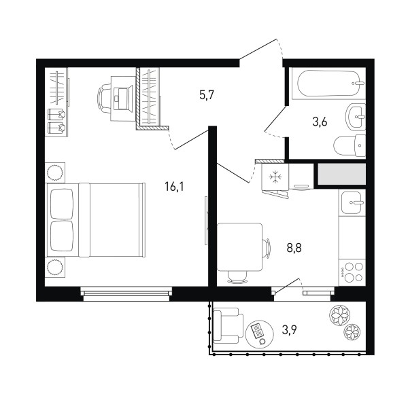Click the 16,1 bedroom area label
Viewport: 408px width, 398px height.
(174, 187)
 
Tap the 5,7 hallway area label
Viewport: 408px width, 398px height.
(207, 95)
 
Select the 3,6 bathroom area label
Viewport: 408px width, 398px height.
(320, 122)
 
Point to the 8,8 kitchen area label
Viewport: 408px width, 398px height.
(294, 248)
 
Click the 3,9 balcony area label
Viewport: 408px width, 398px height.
(290, 331)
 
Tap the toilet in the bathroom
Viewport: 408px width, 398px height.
(350, 145)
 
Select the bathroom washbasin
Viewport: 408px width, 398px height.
(356, 117)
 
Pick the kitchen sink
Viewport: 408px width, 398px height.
(352, 203)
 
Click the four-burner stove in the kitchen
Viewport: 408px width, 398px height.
(352, 273)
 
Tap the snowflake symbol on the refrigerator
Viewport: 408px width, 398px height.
(275, 177)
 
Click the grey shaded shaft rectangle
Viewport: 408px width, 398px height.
(341, 174)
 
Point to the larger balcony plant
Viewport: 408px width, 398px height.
(339, 315)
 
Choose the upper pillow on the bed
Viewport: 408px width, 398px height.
(62, 204)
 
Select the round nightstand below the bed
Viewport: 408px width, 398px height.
(55, 267)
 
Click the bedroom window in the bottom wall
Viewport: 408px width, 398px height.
(126, 294)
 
